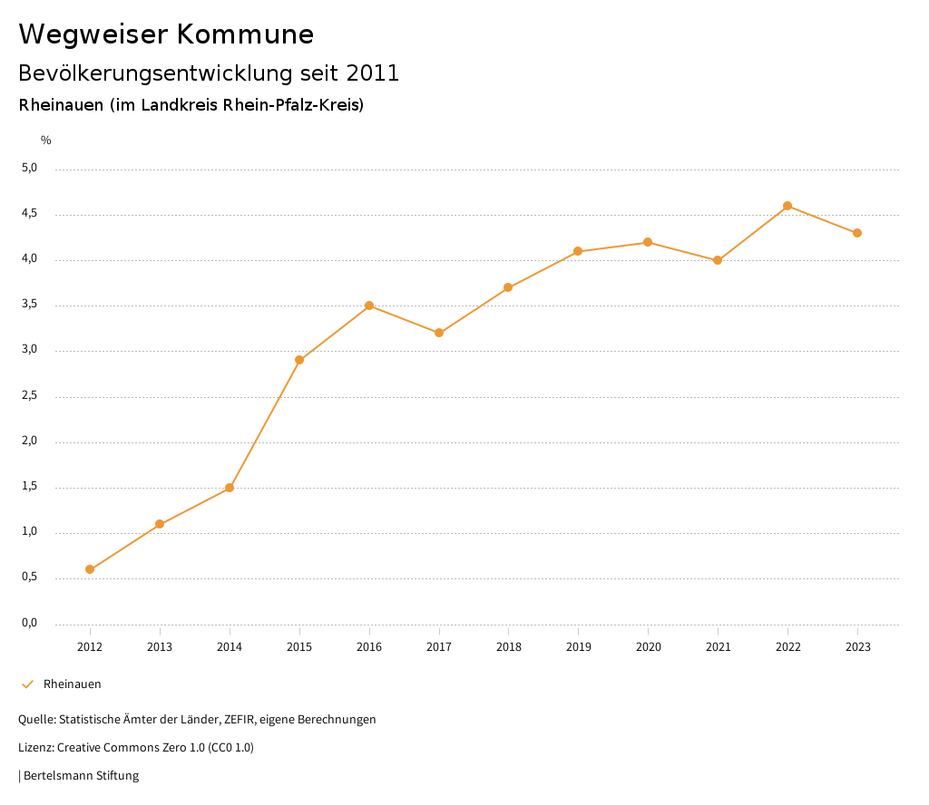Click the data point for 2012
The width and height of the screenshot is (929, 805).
point(90,569)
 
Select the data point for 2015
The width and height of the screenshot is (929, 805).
point(299,360)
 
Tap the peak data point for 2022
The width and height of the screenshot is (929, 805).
point(787,206)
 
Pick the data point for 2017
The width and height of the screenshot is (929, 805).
point(439,333)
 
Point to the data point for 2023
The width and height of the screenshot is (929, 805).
point(857,233)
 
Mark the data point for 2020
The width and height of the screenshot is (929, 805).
point(648,242)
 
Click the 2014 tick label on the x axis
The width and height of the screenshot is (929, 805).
point(230,646)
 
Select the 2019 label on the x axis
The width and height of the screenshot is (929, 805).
point(578,646)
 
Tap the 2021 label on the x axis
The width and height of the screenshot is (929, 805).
point(718,646)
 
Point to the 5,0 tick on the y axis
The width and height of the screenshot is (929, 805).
point(30,168)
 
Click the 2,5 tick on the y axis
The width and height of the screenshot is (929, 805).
point(30,395)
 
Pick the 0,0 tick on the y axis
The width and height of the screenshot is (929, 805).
point(30,623)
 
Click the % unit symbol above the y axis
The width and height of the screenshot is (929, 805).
point(46,141)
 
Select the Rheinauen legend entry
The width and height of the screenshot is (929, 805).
point(72,684)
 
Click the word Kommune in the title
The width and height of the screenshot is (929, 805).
point(245,34)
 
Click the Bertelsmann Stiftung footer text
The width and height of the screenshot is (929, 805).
point(81,775)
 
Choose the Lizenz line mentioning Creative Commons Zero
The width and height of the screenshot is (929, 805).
point(136,747)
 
